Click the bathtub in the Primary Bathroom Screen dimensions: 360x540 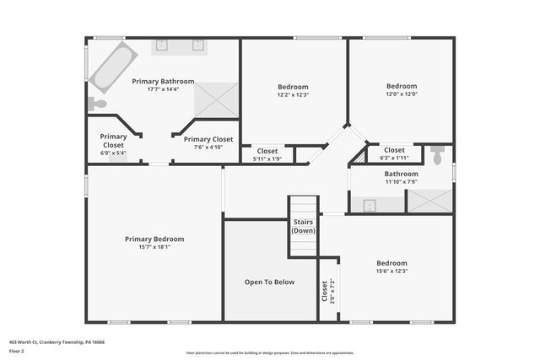pyautogui.click(x=112, y=68)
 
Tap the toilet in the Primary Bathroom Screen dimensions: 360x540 pyautogui.click(x=97, y=104)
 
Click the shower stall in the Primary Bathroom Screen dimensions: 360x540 pyautogui.click(x=218, y=98)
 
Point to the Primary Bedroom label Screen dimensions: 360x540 pyautogui.click(x=154, y=239)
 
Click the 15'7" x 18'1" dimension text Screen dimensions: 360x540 pyautogui.click(x=154, y=247)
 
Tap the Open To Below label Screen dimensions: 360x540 pyautogui.click(x=269, y=282)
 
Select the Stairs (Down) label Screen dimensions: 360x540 pyautogui.click(x=304, y=225)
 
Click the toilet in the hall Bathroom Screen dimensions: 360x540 pyautogui.click(x=437, y=157)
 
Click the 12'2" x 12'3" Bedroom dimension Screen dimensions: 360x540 pyautogui.click(x=293, y=94)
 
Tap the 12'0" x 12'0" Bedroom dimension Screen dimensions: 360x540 pyautogui.click(x=402, y=94)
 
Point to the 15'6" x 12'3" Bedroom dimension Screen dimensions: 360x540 pyautogui.click(x=391, y=271)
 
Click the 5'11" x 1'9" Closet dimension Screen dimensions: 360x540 pyautogui.click(x=267, y=159)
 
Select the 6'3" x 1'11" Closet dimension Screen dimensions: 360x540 pyautogui.click(x=394, y=158)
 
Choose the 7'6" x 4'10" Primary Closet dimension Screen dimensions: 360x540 pyautogui.click(x=208, y=147)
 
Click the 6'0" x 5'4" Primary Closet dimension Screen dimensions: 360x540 pyautogui.click(x=113, y=153)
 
